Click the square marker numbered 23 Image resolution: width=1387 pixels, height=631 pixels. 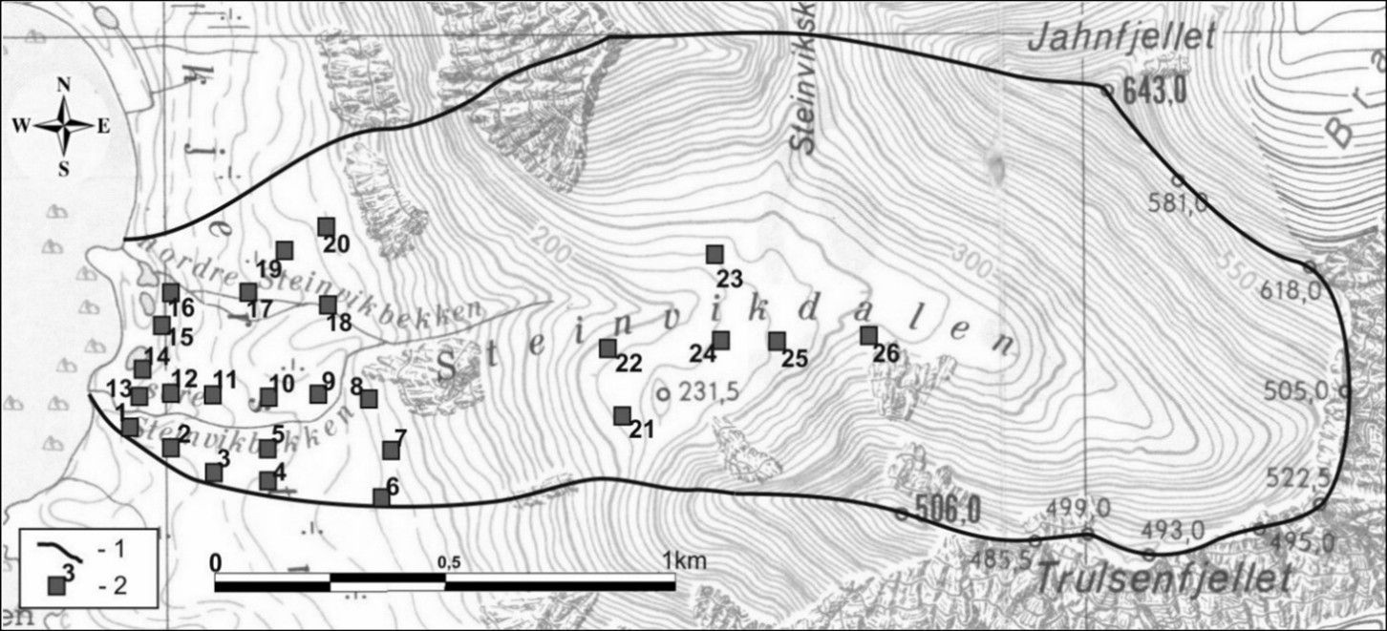coord(714,254)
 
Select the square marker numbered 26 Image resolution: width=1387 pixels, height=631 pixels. coord(868,335)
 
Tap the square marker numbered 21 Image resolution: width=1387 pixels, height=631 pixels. coord(622,415)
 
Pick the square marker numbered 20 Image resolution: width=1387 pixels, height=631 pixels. coord(326,226)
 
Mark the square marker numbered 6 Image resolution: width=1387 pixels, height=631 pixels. coord(381,496)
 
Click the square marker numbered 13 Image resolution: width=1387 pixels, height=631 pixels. coord(139,395)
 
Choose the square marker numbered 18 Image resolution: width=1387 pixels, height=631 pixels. coord(328,305)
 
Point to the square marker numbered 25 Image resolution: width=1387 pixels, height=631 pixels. coord(777,341)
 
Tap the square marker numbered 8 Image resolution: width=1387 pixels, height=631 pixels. coord(369,398)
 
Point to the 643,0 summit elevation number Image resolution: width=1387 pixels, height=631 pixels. coord(1155,92)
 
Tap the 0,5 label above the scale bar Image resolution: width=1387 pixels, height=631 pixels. coord(448,562)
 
